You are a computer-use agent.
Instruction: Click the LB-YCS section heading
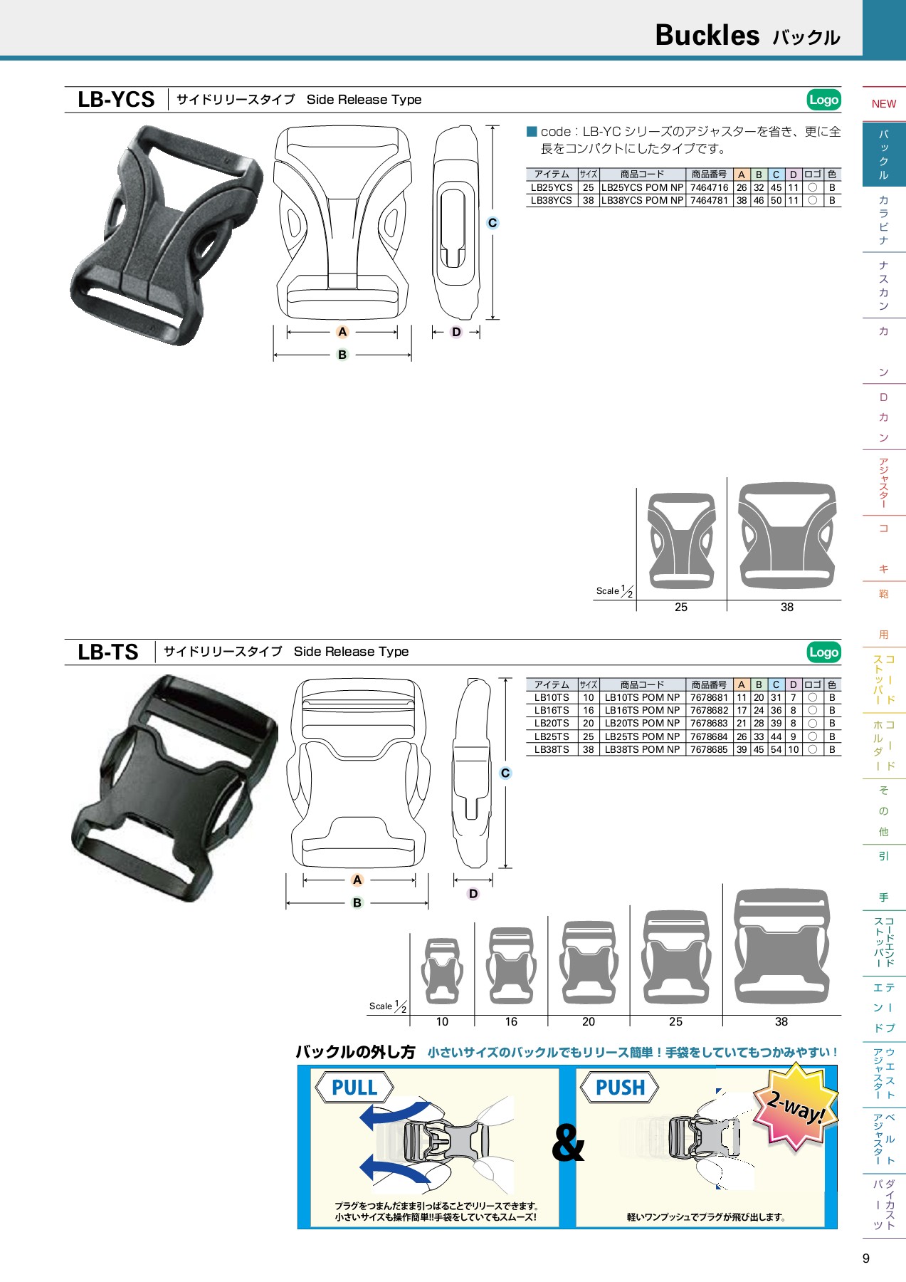point(116,100)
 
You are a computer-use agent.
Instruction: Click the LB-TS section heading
point(108,652)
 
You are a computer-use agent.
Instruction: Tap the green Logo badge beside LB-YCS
point(823,100)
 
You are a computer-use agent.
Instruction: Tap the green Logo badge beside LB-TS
point(823,652)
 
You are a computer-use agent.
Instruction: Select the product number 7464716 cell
point(709,187)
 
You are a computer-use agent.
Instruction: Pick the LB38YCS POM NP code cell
point(642,200)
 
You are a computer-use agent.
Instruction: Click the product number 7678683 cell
point(709,723)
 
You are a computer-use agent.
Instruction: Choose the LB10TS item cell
point(552,697)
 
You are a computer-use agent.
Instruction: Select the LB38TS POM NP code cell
point(642,749)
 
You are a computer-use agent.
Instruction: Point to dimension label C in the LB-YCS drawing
point(492,223)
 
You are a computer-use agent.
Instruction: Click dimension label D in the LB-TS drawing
point(473,894)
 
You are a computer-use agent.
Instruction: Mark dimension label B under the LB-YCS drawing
point(342,355)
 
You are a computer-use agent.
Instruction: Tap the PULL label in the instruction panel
point(354,1088)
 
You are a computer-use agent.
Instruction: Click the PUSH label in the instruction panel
point(620,1088)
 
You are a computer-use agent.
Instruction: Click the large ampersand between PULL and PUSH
point(568,1144)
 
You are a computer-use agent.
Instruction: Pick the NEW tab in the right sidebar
point(884,104)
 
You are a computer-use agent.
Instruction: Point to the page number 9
point(866,1258)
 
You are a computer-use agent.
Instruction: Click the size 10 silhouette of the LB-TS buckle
point(442,971)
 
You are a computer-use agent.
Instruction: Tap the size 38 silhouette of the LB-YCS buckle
point(786,536)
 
